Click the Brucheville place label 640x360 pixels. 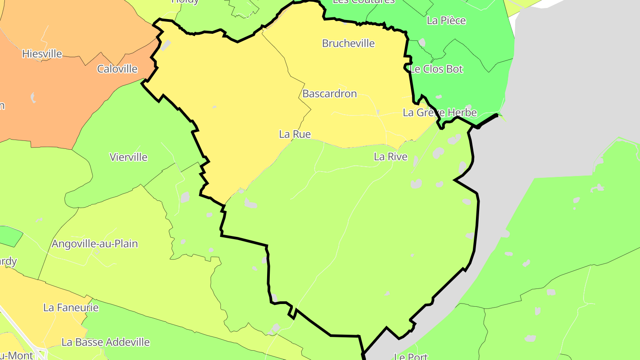click(x=348, y=44)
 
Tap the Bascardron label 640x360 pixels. click(x=329, y=94)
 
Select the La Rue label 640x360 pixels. click(x=295, y=134)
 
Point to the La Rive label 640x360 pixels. click(x=390, y=157)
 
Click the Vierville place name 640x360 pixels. click(x=128, y=157)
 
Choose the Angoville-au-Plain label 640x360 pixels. click(x=95, y=244)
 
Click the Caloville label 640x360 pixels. click(x=117, y=69)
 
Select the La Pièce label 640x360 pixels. click(x=446, y=20)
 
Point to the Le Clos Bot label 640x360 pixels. click(x=436, y=69)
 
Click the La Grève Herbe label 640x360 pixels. click(x=440, y=113)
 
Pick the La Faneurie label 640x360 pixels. click(x=71, y=308)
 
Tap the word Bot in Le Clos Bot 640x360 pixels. click(x=454, y=69)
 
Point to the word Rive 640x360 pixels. click(x=397, y=157)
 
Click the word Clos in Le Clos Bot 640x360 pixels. click(x=432, y=69)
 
